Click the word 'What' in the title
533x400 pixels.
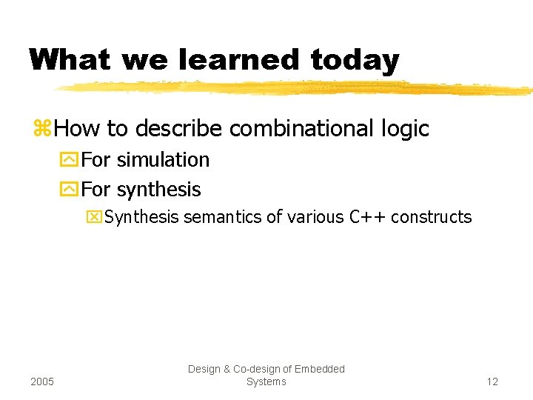pos(70,60)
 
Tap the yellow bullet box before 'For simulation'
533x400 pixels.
pos(71,160)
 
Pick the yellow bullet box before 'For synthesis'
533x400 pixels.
pos(71,190)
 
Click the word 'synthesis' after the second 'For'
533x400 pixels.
pos(158,190)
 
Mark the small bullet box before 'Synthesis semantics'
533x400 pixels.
pos(94,217)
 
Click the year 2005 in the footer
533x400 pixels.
pos(43,381)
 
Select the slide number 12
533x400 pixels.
pos(492,381)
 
